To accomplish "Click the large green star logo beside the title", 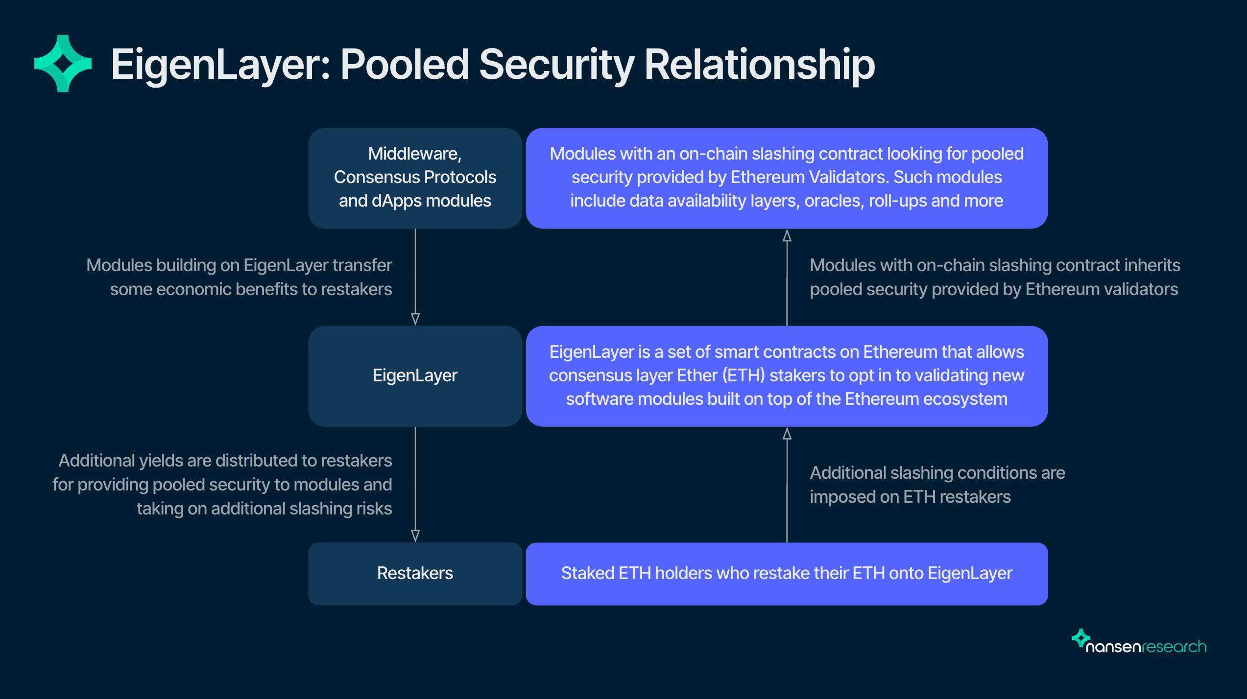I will (x=63, y=64).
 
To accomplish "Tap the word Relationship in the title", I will (x=759, y=65).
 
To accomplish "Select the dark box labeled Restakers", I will (x=415, y=573).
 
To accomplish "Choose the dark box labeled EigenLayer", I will (x=415, y=376).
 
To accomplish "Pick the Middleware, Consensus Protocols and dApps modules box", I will (x=415, y=178).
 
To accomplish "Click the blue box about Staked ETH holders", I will (x=786, y=573).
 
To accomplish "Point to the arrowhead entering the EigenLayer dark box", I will (x=415, y=319).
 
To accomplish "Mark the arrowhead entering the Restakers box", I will (x=415, y=536).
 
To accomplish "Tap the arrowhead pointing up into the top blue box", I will (x=787, y=236).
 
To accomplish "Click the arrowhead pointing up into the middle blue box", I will (x=787, y=434).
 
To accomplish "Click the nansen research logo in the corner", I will (x=1139, y=642).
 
